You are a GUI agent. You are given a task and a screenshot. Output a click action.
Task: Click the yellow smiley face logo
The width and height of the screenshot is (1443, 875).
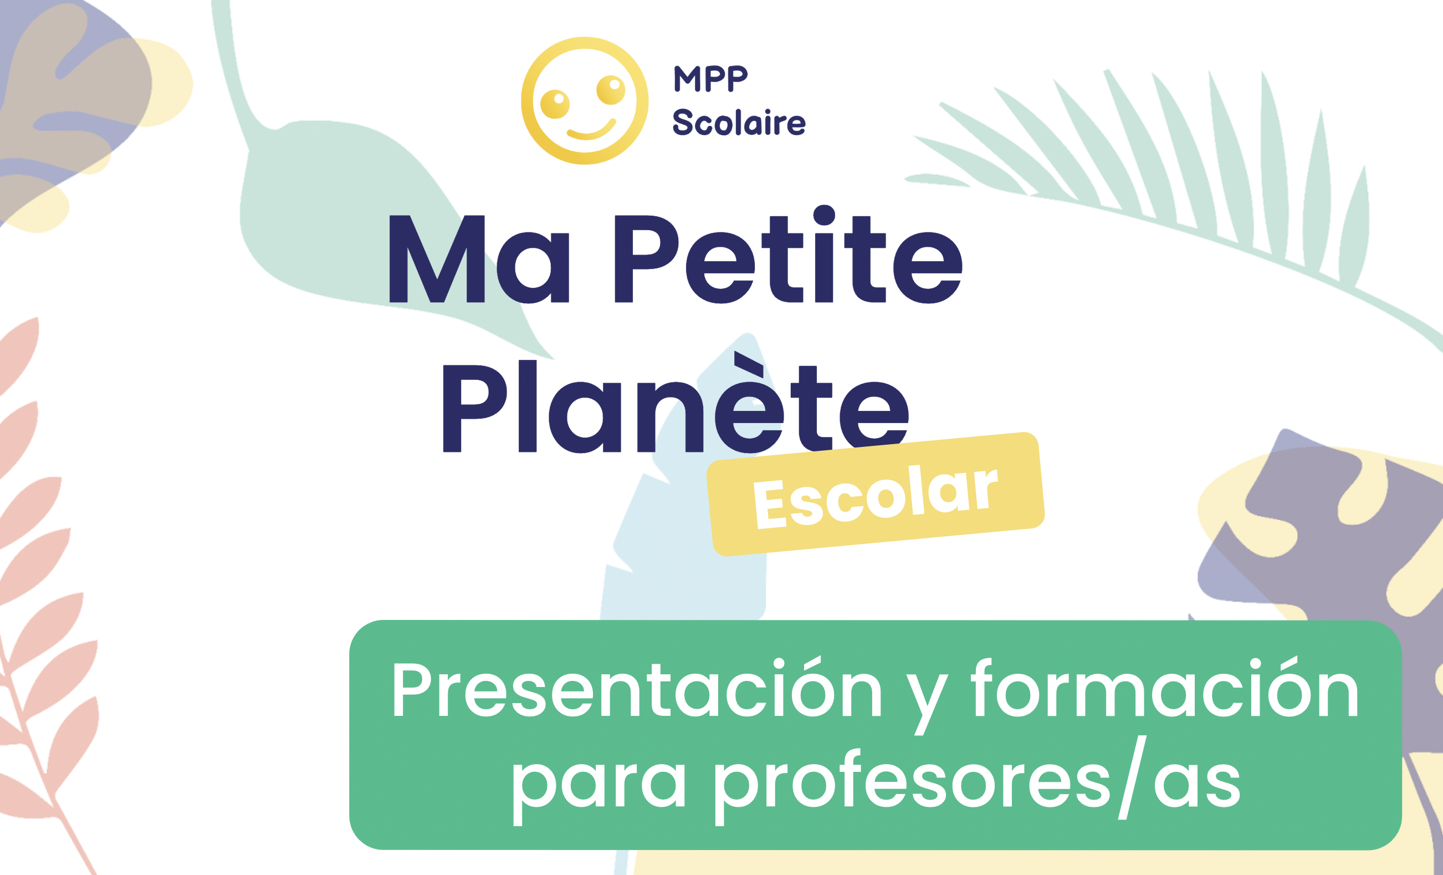tap(585, 101)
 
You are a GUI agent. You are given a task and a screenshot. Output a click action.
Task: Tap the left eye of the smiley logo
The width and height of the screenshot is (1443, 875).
tap(555, 104)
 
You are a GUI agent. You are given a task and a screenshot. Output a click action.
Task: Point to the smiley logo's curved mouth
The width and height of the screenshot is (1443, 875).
tap(591, 130)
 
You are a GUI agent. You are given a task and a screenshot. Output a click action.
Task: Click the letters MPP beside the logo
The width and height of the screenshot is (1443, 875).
tap(710, 79)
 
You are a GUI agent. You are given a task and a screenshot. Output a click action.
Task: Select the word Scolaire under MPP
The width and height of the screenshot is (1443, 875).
tap(739, 122)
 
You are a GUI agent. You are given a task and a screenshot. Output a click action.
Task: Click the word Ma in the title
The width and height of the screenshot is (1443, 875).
tap(479, 259)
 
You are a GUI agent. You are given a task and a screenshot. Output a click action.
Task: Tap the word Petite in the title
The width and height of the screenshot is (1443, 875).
tap(788, 255)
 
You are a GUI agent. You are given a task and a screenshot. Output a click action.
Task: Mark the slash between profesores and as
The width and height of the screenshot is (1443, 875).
tap(1133, 777)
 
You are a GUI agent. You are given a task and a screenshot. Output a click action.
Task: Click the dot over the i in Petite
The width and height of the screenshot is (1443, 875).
tap(824, 215)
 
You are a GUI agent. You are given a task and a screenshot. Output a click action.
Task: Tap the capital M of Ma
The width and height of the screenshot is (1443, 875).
tap(437, 259)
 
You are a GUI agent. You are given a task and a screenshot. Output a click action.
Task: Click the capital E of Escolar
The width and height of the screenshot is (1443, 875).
tap(769, 505)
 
